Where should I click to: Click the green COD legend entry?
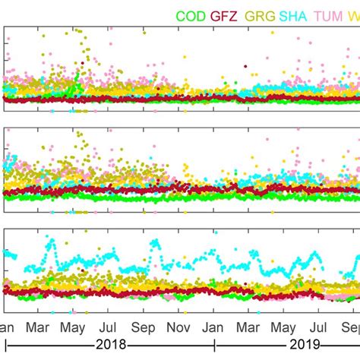(x=190, y=16)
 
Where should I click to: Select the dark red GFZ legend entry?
(x=225, y=16)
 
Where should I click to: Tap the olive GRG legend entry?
(x=261, y=16)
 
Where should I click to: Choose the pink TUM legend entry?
(x=330, y=16)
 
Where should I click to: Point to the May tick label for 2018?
(x=73, y=328)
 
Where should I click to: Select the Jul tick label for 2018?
(x=108, y=328)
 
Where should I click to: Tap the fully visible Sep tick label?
(x=144, y=328)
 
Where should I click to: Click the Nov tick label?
(x=178, y=328)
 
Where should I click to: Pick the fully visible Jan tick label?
(x=213, y=328)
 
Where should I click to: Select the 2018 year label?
(x=107, y=346)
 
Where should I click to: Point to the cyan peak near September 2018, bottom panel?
(x=154, y=243)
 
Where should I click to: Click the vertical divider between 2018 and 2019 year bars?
(x=214, y=346)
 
